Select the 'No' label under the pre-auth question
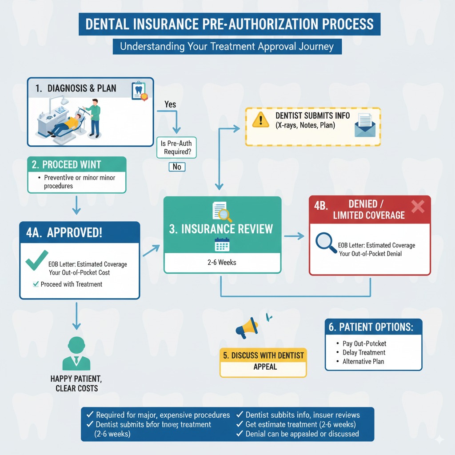tap(177, 167)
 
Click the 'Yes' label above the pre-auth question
tap(170, 105)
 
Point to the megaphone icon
tap(247, 328)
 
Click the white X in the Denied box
tap(418, 207)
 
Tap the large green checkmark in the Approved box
tap(37, 260)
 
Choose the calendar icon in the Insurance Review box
tap(222, 245)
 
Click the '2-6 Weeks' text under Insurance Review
tap(222, 263)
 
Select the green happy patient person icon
tap(77, 354)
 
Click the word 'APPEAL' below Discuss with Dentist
tap(265, 367)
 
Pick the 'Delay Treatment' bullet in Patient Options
tap(364, 353)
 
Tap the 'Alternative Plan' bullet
tap(363, 362)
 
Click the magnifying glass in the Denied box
tap(326, 244)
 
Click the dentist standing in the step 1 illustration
tap(93, 118)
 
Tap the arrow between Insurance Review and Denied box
tap(294, 236)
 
